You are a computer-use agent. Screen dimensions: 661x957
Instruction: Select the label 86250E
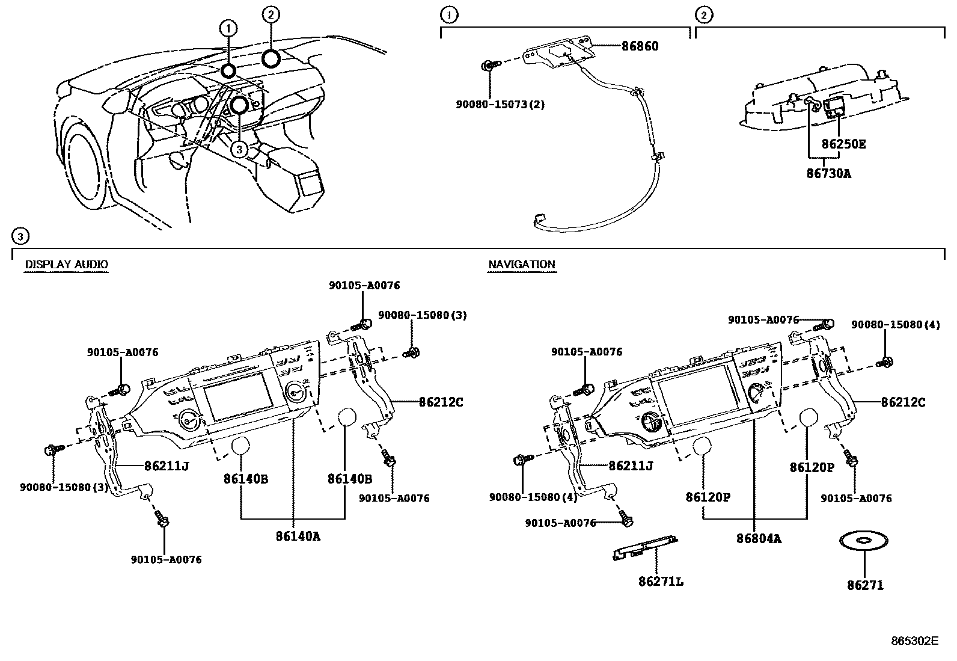coord(843,144)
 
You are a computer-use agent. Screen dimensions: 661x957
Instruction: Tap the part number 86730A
coord(828,174)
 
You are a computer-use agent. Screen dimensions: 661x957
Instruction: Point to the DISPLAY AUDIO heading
coord(66,264)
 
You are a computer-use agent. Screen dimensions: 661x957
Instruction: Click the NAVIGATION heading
coord(521,264)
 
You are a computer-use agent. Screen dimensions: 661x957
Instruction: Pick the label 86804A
coord(759,539)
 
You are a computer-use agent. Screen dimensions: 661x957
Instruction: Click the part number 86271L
coord(661,582)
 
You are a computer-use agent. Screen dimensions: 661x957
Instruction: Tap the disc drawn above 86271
coord(864,541)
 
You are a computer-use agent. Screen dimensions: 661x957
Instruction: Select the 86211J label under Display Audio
coord(167,465)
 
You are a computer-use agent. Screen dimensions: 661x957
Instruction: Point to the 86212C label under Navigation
coord(903,402)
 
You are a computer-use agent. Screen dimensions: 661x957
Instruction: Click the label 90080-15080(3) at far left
coord(64,487)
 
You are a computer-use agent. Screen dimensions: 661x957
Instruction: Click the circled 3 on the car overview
coord(239,150)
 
